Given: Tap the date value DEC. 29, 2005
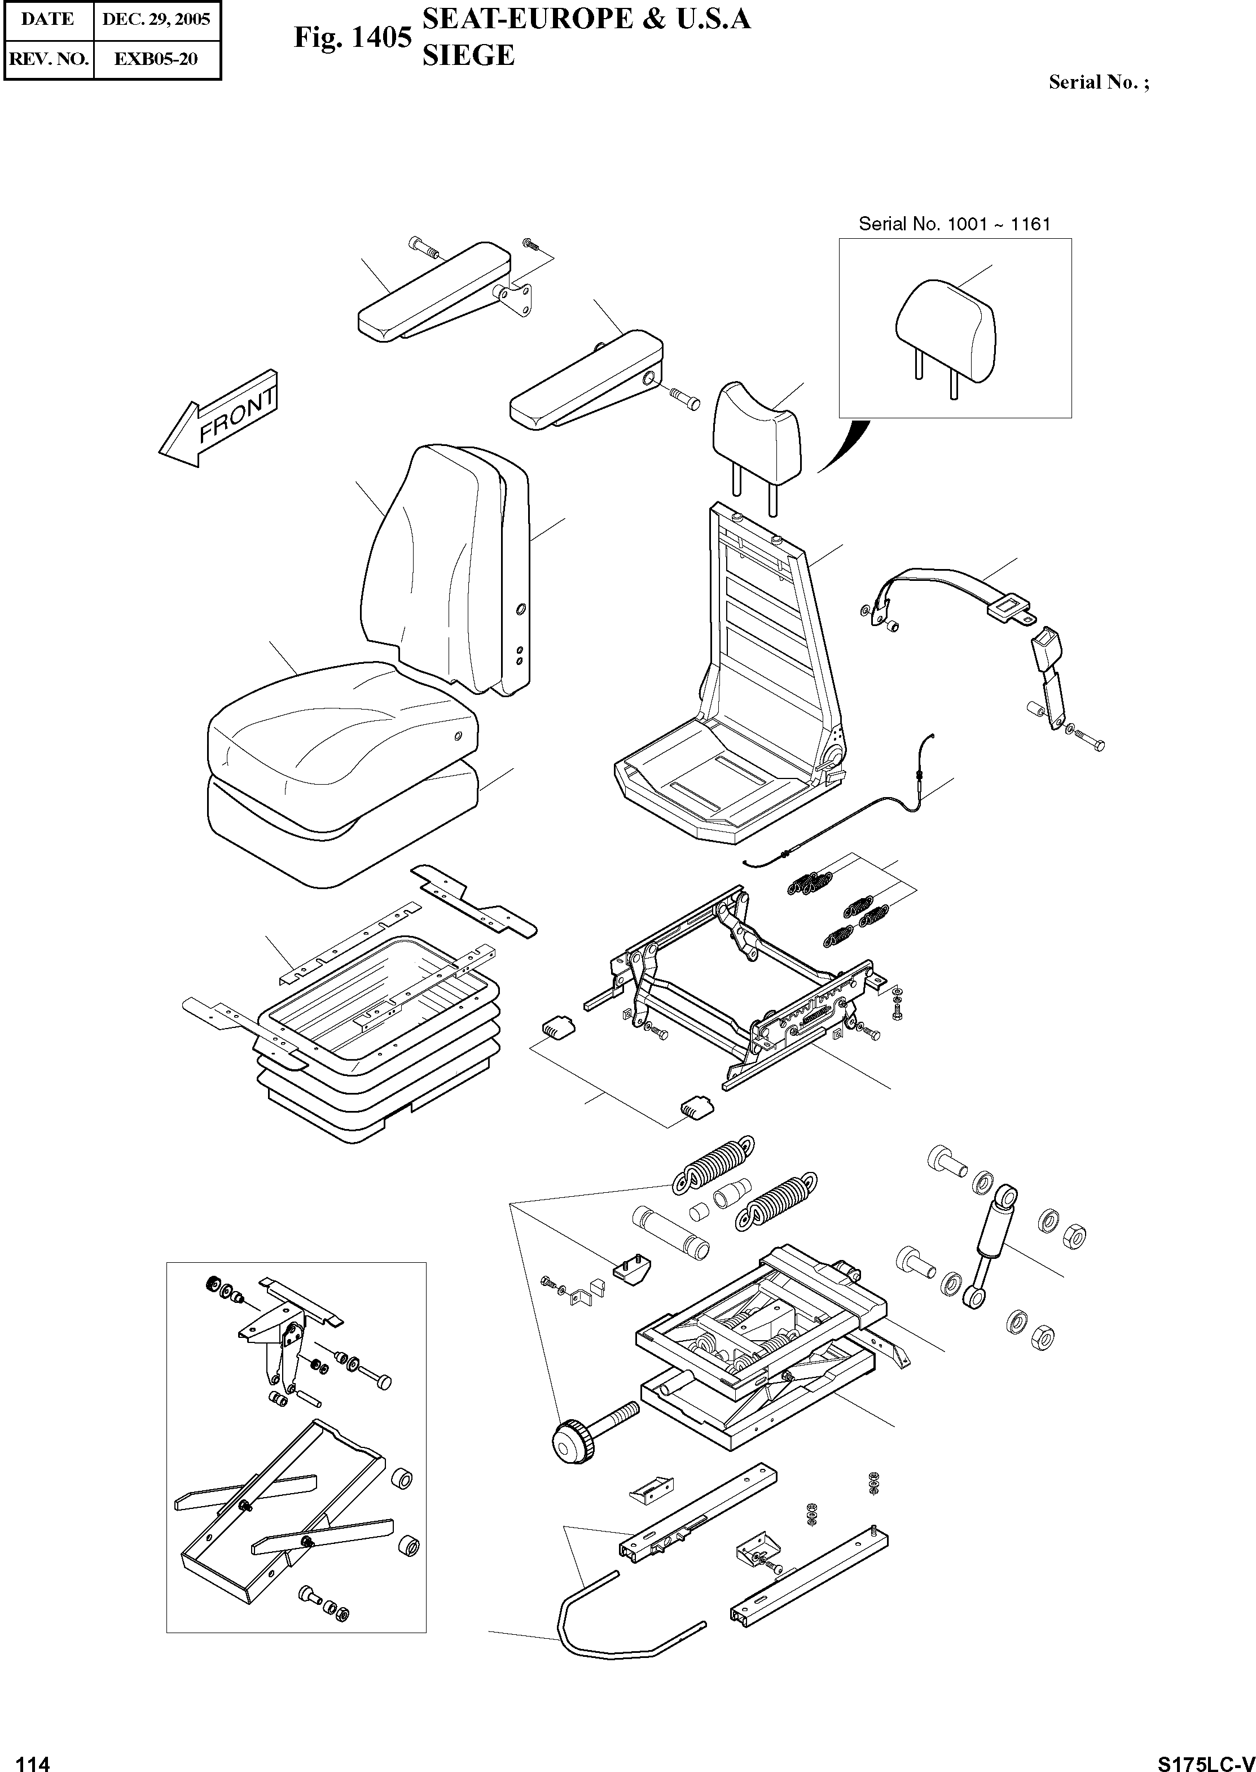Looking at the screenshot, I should coord(156,19).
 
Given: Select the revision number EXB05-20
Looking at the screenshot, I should coord(156,59).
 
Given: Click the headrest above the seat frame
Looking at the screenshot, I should coord(758,430).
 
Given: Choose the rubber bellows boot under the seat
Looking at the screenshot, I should coord(379,1083).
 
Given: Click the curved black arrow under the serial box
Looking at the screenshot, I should coord(845,447).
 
